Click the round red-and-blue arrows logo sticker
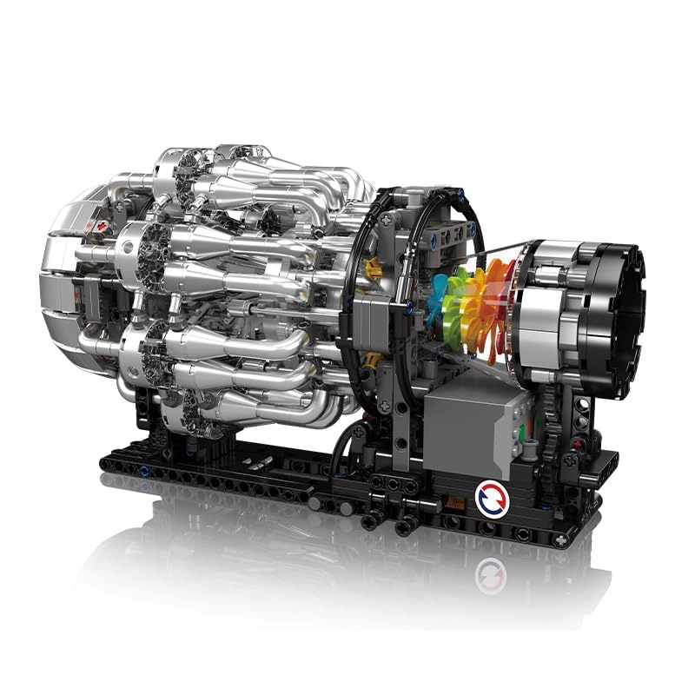[x=491, y=498]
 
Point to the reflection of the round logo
[x=492, y=574]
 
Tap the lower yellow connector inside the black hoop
[x=373, y=360]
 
